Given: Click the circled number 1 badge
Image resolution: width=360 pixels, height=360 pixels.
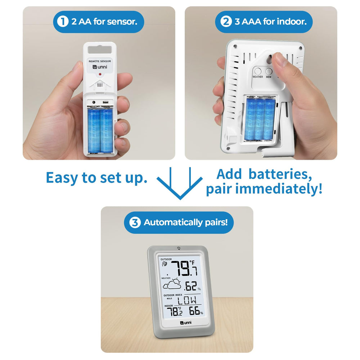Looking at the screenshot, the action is click(x=63, y=22).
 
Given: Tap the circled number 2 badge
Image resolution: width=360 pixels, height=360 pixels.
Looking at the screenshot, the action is click(x=226, y=22).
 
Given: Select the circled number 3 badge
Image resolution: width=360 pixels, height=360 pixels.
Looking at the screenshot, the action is click(x=135, y=222).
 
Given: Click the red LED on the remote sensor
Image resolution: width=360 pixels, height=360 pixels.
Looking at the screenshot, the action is click(x=100, y=74).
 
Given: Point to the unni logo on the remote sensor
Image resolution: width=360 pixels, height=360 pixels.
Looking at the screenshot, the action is click(x=100, y=67).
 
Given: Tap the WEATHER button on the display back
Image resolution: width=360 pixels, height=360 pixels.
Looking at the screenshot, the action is click(x=258, y=71).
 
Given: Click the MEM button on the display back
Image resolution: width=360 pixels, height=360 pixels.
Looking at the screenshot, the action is click(x=269, y=71).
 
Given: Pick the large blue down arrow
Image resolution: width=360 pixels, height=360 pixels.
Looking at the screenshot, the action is click(x=180, y=184).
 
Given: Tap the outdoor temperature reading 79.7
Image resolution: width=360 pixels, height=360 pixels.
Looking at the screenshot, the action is click(x=184, y=268).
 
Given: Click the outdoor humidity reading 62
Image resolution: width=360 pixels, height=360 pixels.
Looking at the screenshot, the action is click(x=191, y=286).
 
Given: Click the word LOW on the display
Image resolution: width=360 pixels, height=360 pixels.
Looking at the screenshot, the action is click(x=187, y=300).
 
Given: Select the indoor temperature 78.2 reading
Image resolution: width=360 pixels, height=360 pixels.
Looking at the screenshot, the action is click(x=175, y=311).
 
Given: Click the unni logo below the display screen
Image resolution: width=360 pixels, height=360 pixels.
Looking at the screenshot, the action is click(x=186, y=323).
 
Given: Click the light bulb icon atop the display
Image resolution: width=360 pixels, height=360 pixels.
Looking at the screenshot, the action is click(x=179, y=248).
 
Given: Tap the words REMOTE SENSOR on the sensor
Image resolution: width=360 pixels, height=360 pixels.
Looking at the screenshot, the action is click(x=100, y=61).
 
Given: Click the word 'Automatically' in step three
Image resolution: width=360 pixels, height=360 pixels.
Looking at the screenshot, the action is click(x=173, y=222).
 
